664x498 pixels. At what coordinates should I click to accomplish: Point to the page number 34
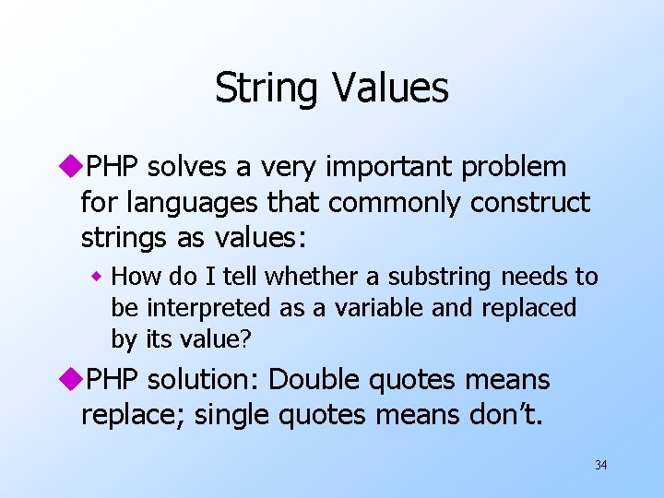[600, 465]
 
